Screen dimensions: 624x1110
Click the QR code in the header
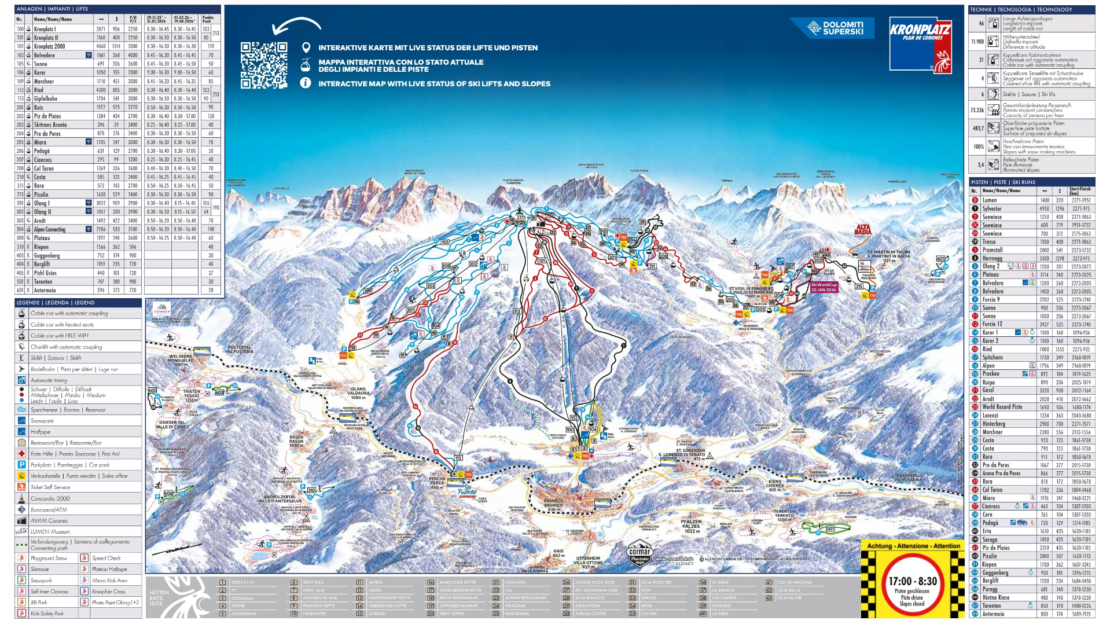264,65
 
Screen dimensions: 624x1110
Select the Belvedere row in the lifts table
45,56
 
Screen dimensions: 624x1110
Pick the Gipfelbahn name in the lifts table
46,99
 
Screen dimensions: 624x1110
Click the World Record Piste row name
1002,407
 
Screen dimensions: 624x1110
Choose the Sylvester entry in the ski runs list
992,209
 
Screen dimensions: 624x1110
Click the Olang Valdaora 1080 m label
358,393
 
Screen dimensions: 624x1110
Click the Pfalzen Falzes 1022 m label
691,526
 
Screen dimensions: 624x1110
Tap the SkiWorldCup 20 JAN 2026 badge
824,287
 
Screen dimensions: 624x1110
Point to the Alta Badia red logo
862,230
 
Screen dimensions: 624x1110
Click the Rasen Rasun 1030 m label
296,441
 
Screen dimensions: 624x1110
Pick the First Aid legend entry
75,454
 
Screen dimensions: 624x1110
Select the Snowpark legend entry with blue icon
42,421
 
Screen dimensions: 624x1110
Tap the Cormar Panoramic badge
639,553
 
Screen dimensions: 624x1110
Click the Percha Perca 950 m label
437,483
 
